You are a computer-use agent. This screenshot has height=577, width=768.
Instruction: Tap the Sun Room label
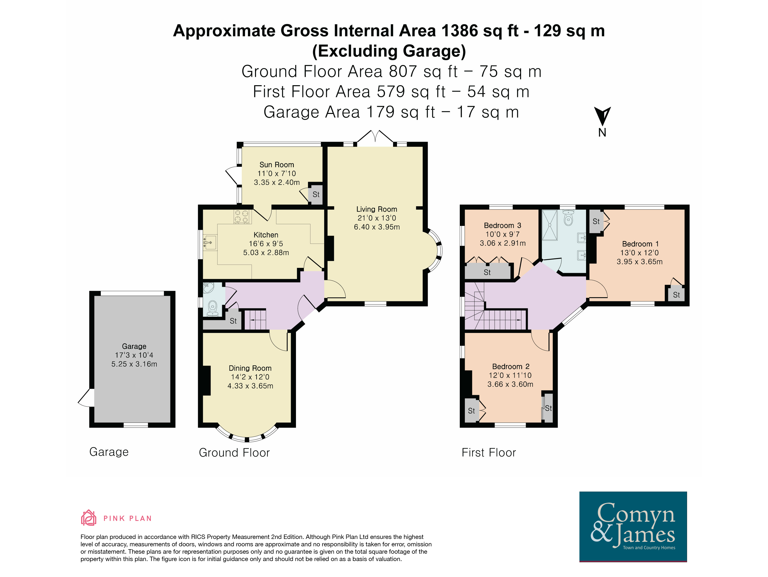point(277,165)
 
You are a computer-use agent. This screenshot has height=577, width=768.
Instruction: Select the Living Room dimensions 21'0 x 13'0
point(377,218)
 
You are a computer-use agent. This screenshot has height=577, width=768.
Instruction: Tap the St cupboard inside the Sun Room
point(316,194)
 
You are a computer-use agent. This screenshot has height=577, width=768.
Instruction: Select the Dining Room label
point(250,368)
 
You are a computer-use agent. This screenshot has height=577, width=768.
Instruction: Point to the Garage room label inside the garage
point(134,346)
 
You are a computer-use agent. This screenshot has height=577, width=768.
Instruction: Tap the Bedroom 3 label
point(502,225)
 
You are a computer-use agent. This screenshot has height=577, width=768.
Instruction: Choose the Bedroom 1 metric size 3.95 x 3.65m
point(640,262)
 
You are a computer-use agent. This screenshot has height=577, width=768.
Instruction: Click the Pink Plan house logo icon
point(88,518)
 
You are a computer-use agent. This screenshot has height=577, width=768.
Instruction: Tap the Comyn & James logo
point(633,526)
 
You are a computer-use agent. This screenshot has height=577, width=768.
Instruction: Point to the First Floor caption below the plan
point(488,453)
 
